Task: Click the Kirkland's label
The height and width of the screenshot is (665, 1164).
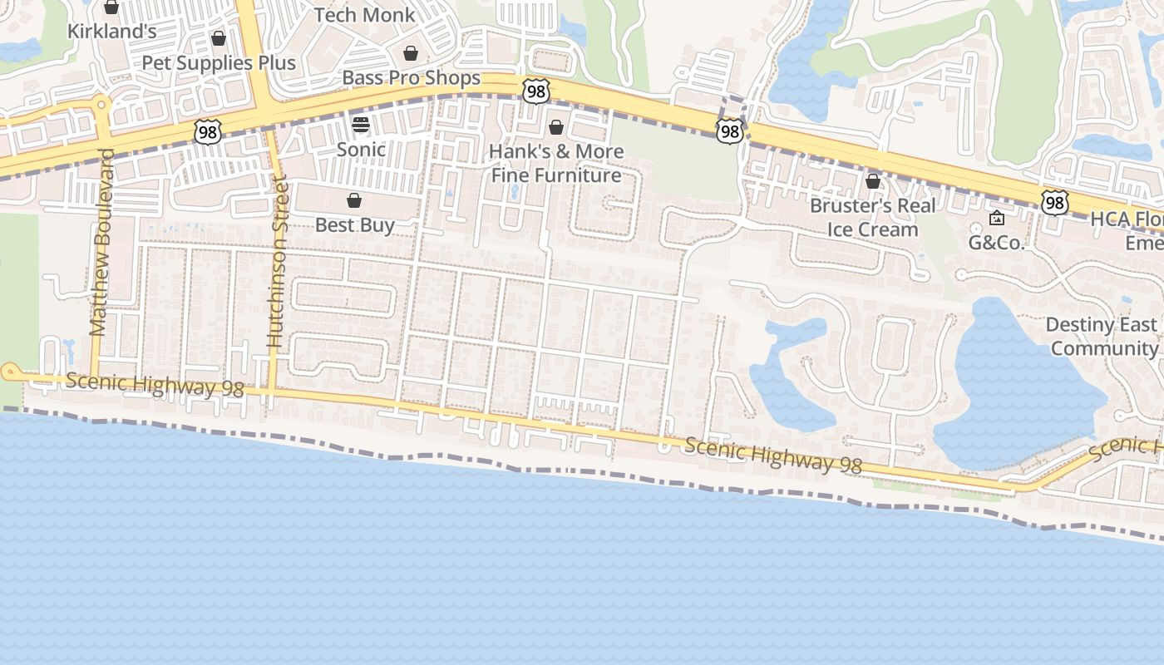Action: click(111, 32)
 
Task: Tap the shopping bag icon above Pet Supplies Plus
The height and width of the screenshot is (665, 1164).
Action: click(219, 39)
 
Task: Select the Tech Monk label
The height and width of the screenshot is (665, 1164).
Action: click(364, 14)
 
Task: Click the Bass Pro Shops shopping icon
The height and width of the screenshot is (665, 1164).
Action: click(411, 54)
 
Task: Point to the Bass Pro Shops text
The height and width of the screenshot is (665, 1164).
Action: click(412, 78)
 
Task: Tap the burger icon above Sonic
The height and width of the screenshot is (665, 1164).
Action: click(361, 125)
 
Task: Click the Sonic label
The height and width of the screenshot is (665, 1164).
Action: click(361, 150)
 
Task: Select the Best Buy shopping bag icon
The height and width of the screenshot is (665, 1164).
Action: click(354, 200)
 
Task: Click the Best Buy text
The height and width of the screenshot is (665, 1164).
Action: click(354, 224)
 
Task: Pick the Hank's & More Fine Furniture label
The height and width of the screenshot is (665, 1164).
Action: click(556, 163)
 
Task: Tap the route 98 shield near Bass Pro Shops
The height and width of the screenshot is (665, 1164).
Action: click(536, 91)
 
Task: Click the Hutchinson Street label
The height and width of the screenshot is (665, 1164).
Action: click(277, 262)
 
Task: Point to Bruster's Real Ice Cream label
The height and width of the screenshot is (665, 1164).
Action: click(872, 217)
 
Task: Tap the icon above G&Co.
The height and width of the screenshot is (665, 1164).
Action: click(997, 219)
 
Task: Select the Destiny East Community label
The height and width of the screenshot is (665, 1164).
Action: click(1102, 336)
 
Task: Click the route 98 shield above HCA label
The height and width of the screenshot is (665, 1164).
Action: click(1054, 202)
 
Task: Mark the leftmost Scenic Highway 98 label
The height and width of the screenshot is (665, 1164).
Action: click(155, 384)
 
